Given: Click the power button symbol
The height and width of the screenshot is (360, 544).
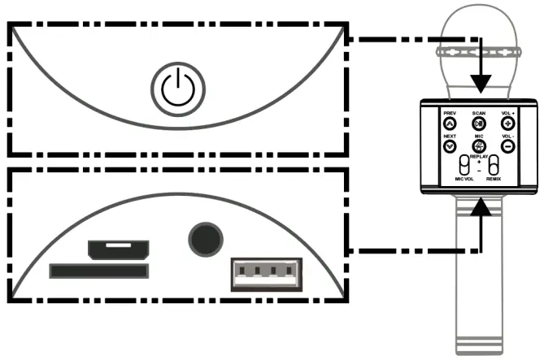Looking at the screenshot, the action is [176, 89].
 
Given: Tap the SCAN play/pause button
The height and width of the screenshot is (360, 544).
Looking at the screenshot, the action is [478, 123].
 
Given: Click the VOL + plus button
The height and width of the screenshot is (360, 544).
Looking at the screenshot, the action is [507, 123].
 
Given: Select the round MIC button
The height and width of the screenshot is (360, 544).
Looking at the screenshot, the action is [478, 146].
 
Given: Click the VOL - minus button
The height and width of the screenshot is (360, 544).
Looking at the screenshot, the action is [507, 146].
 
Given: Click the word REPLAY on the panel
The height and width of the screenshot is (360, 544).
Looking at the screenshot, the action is [479, 157].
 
